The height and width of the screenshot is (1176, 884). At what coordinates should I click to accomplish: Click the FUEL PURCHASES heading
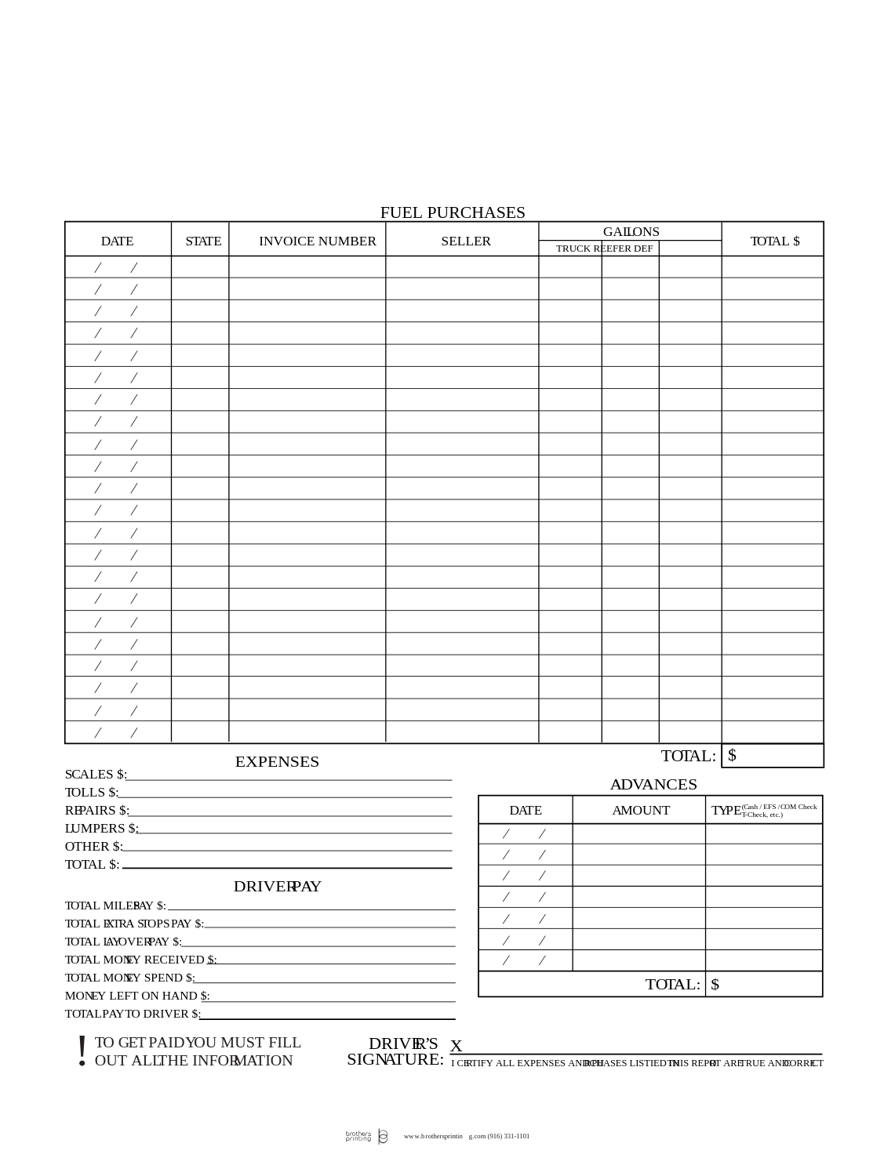(x=453, y=212)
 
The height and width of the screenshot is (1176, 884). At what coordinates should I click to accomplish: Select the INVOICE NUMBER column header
(x=317, y=241)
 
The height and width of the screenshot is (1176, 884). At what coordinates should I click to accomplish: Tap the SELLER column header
(x=465, y=241)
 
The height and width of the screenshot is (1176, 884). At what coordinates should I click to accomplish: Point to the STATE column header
(x=203, y=241)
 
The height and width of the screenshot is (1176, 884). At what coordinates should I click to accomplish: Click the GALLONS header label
(x=631, y=232)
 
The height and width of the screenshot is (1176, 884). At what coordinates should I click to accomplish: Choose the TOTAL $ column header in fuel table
(x=774, y=241)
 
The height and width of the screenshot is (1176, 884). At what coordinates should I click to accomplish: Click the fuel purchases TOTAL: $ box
(x=773, y=756)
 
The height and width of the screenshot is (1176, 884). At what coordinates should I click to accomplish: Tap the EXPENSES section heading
(x=277, y=762)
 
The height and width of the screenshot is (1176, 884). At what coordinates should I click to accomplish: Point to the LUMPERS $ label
(x=101, y=829)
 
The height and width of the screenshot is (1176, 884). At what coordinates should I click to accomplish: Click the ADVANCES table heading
(x=653, y=785)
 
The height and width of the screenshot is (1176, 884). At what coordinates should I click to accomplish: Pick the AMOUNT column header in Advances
(x=640, y=811)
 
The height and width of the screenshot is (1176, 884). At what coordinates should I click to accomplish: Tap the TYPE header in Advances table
(x=726, y=811)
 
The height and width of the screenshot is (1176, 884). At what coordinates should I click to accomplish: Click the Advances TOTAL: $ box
(x=764, y=985)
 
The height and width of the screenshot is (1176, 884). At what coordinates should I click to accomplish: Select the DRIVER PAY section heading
(x=277, y=887)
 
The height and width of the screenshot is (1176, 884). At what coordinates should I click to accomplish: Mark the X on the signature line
(x=456, y=1047)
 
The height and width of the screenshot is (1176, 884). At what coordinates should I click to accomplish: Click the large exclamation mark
(x=82, y=1051)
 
